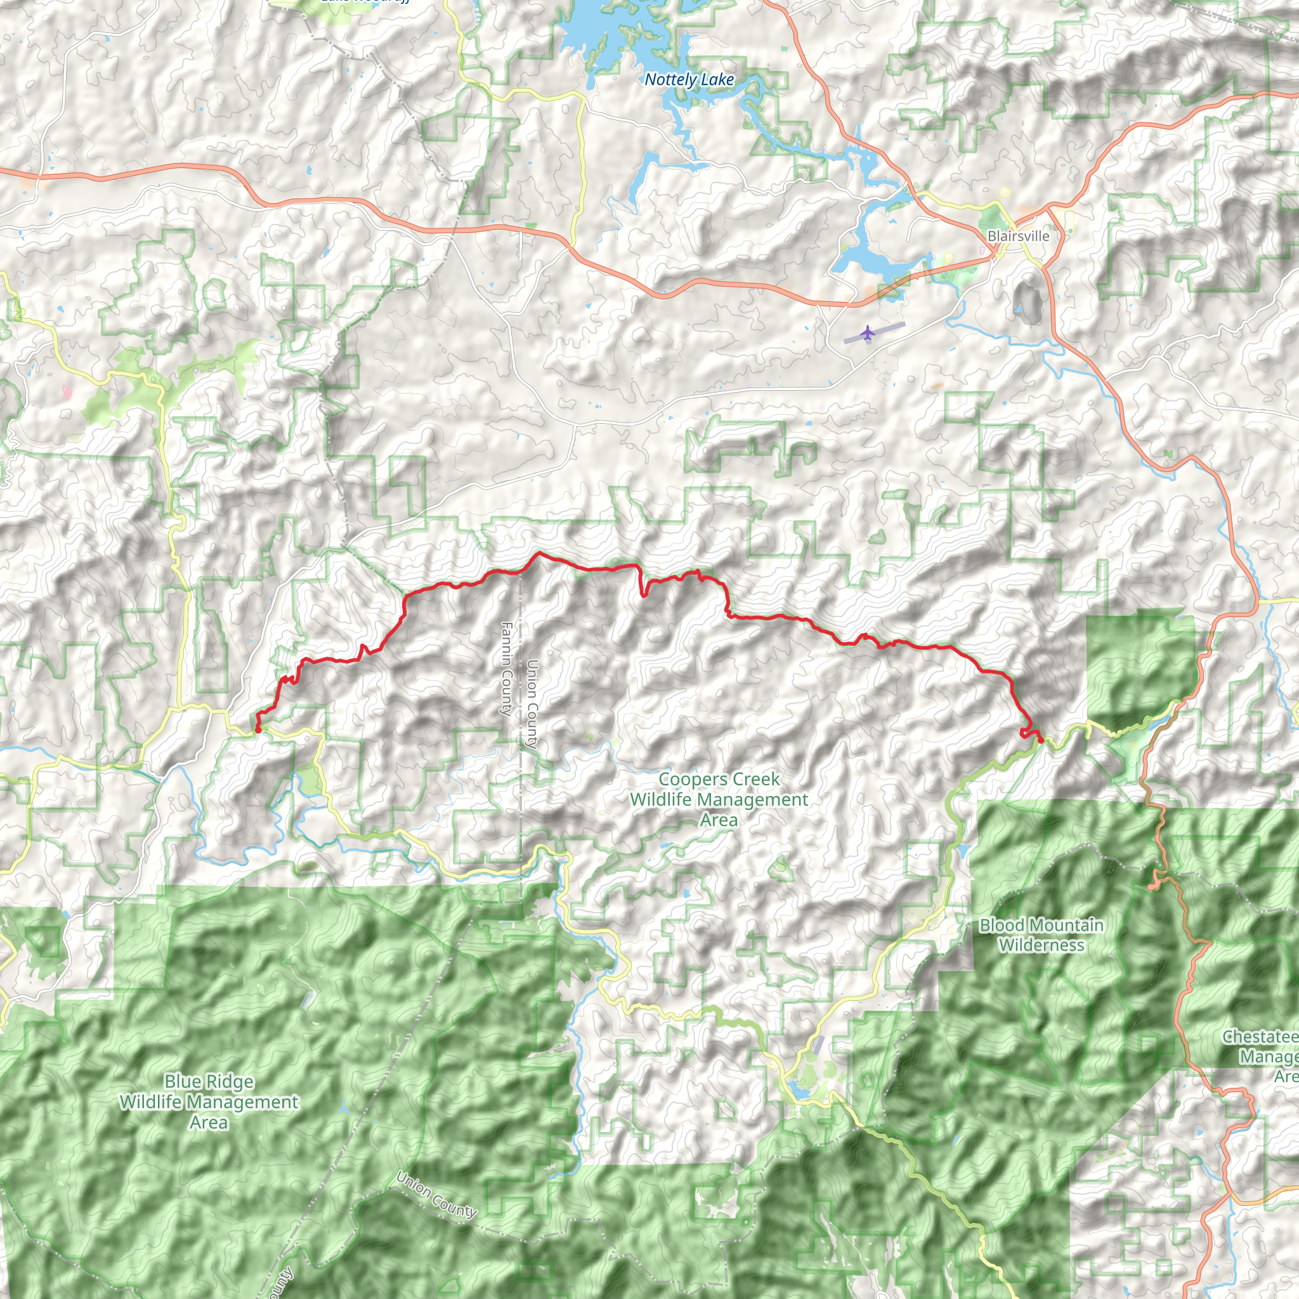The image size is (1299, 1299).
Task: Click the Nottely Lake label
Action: point(689,80)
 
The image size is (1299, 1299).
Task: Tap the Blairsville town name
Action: point(1018,236)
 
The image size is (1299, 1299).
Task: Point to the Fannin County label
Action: point(506,669)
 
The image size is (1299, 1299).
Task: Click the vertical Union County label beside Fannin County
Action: point(532,704)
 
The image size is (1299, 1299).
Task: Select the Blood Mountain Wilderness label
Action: point(1041,934)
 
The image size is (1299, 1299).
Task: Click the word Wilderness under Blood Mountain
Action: point(1041,944)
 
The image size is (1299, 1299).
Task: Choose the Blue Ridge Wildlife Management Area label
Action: point(209,1102)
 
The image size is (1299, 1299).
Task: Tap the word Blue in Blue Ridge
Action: point(180,1082)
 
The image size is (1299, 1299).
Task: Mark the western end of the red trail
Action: point(258,729)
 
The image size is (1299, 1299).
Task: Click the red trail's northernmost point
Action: point(538,553)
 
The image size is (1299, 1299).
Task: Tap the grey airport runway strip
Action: point(875,332)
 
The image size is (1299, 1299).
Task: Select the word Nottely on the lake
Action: point(669,80)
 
